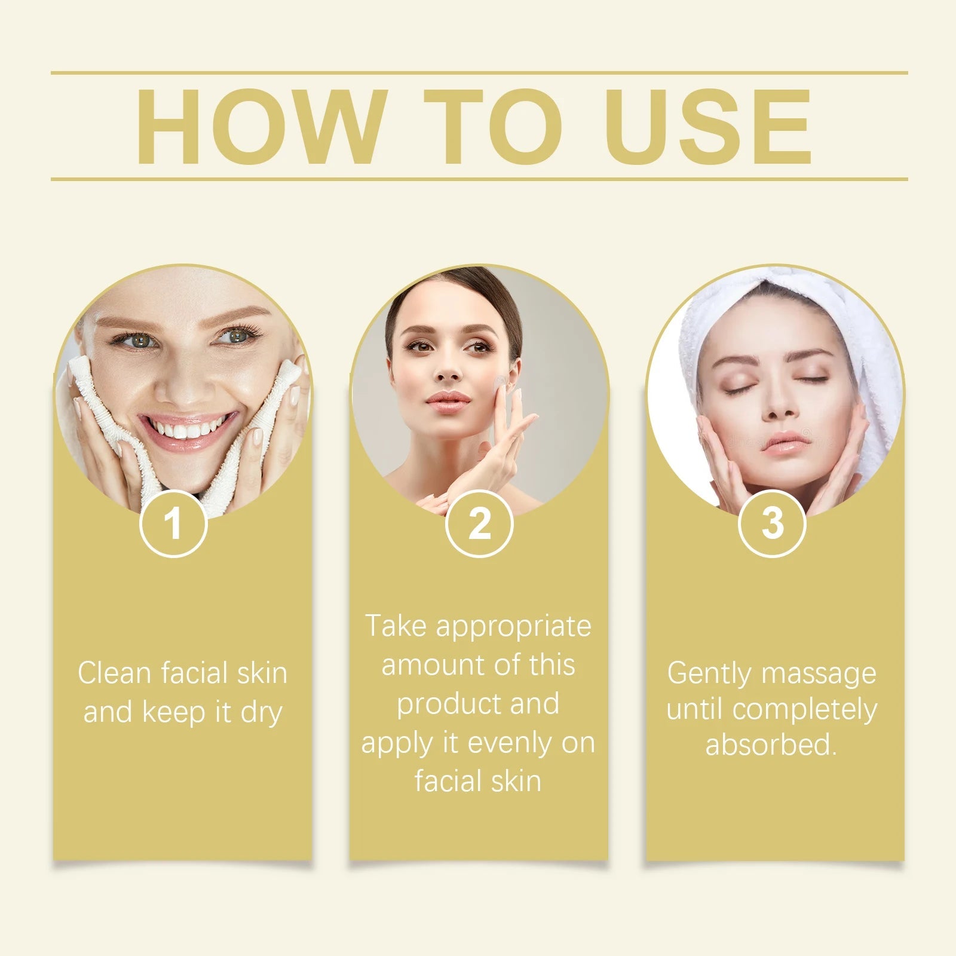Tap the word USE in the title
pyautogui.click(x=709, y=127)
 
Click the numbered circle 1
pyautogui.click(x=173, y=523)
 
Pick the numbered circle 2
pyautogui.click(x=479, y=523)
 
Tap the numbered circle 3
pyautogui.click(x=772, y=523)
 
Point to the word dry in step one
pyautogui.click(x=261, y=713)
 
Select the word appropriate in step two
pyautogui.click(x=513, y=626)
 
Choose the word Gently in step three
pyautogui.click(x=709, y=674)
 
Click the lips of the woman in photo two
pyautogui.click(x=448, y=399)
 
